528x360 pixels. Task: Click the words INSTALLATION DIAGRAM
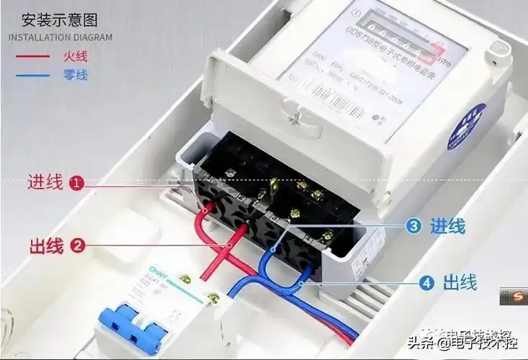pyautogui.click(x=60, y=37)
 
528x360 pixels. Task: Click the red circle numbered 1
pyautogui.click(x=77, y=183)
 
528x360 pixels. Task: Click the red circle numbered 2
pyautogui.click(x=77, y=245)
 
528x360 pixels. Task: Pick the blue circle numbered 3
pyautogui.click(x=413, y=226)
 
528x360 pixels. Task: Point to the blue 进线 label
pyautogui.click(x=447, y=226)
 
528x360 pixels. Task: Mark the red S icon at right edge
pyautogui.click(x=509, y=297)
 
